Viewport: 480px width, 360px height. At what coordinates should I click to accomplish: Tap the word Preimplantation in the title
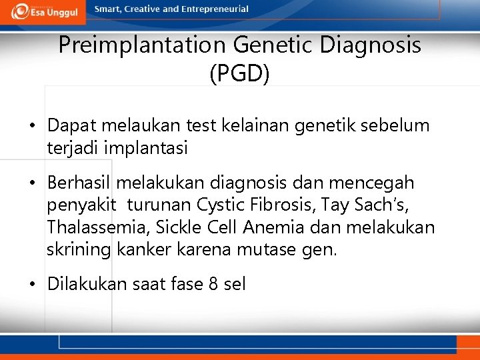tap(143, 45)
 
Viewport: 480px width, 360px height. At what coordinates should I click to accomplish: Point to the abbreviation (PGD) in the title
tap(239, 73)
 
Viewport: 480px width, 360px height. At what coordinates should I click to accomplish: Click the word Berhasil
tap(79, 183)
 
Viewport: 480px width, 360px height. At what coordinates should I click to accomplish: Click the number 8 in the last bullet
tap(213, 285)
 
